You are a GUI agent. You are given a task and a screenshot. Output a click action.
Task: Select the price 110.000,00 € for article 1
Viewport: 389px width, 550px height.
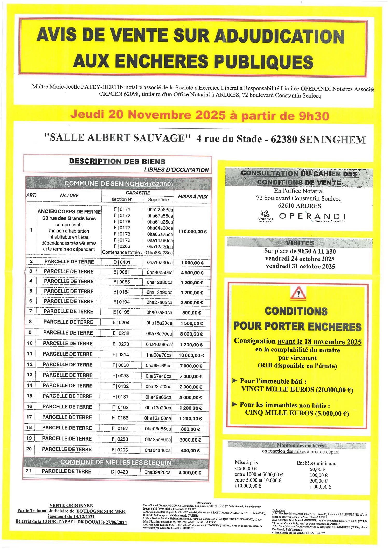[x=192, y=232]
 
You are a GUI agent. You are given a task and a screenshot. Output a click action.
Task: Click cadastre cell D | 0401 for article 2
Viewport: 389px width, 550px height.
[x=122, y=262]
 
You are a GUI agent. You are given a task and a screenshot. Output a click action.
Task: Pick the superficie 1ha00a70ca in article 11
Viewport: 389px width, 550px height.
[x=159, y=355]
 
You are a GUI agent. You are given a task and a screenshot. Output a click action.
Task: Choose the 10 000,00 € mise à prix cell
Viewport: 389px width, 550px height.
[x=191, y=355]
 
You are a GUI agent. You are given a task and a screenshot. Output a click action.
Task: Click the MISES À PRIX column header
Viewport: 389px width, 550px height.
[x=193, y=197]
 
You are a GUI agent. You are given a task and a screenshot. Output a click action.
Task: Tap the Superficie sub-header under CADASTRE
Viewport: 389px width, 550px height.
[x=158, y=200]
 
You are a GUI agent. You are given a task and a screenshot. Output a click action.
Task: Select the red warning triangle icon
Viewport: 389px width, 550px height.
[x=298, y=293]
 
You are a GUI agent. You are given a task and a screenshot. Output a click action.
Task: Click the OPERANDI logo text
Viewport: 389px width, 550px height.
[x=312, y=216]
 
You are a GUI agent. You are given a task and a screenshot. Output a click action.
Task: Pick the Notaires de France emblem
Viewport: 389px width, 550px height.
[x=265, y=217]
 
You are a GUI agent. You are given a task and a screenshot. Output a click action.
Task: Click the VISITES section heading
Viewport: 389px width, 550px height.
[x=300, y=243]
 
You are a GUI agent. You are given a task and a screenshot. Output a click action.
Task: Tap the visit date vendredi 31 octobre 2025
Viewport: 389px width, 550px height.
[x=300, y=266]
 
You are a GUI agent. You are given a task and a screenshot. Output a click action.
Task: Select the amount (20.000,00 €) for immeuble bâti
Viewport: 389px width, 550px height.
[x=335, y=390]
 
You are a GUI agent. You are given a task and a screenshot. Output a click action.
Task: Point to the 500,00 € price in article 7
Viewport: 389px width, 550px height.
[x=192, y=313]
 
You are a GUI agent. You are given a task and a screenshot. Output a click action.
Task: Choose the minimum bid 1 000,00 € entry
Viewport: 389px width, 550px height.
[x=320, y=487]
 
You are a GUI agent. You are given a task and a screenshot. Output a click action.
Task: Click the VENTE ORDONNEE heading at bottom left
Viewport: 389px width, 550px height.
[x=71, y=505]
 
